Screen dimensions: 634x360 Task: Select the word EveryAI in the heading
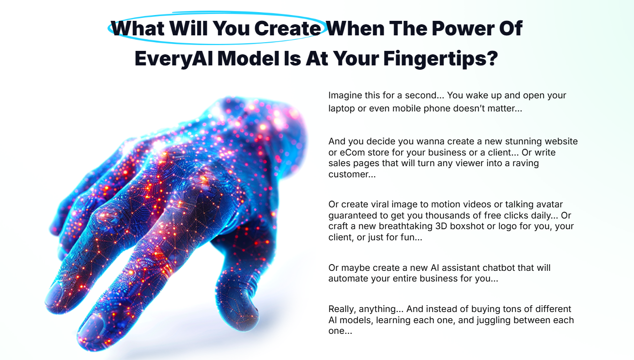(174, 59)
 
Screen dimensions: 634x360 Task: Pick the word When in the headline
(356, 28)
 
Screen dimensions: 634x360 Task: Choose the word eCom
(350, 153)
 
